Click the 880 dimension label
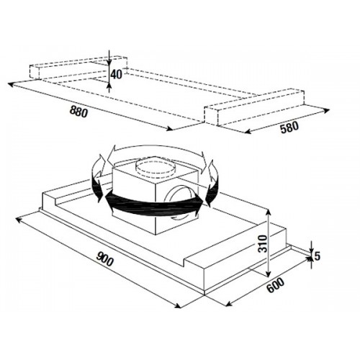pos(78,112)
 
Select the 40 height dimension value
pos(116,75)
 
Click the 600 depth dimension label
pos(275,285)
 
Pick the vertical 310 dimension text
pos(264,244)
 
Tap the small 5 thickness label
pos(318,256)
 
